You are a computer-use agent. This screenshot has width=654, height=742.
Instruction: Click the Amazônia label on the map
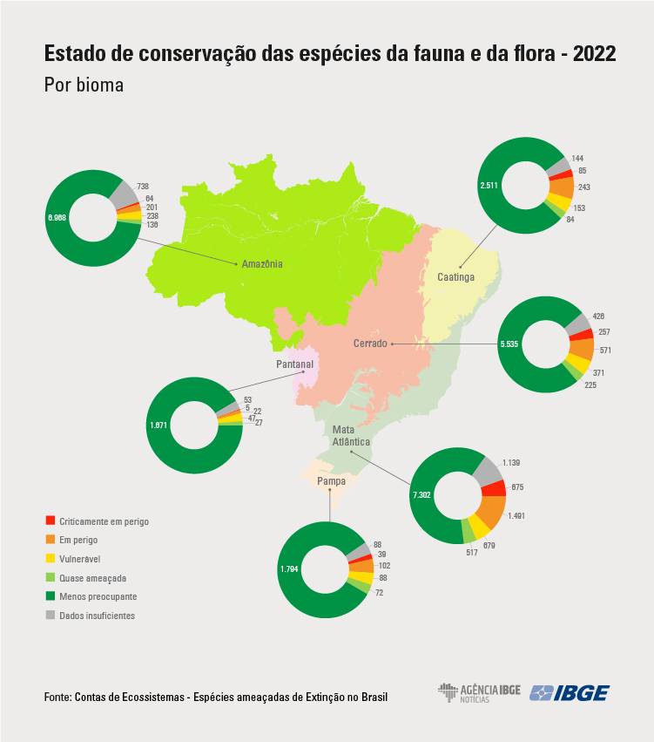tap(262, 264)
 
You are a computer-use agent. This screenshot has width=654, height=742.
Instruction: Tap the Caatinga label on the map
tap(455, 277)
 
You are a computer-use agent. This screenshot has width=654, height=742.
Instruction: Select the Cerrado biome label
tap(370, 344)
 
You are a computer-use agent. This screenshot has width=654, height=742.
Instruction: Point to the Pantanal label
tap(294, 364)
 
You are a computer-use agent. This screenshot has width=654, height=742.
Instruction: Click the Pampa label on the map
tap(331, 481)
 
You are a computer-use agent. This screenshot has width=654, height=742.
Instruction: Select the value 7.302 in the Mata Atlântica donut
tap(421, 494)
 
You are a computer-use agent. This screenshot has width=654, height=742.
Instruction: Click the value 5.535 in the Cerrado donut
tap(509, 344)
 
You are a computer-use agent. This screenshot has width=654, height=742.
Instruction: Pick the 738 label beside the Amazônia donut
tap(143, 187)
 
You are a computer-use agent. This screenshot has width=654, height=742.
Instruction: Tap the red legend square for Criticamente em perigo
tap(51, 521)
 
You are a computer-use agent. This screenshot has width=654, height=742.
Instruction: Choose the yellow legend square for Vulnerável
tap(51, 559)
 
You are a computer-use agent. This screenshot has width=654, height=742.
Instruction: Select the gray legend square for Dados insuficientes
tap(51, 616)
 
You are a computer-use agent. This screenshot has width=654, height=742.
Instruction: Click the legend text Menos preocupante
tap(98, 596)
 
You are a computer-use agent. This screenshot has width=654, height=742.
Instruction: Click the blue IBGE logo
tap(570, 693)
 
